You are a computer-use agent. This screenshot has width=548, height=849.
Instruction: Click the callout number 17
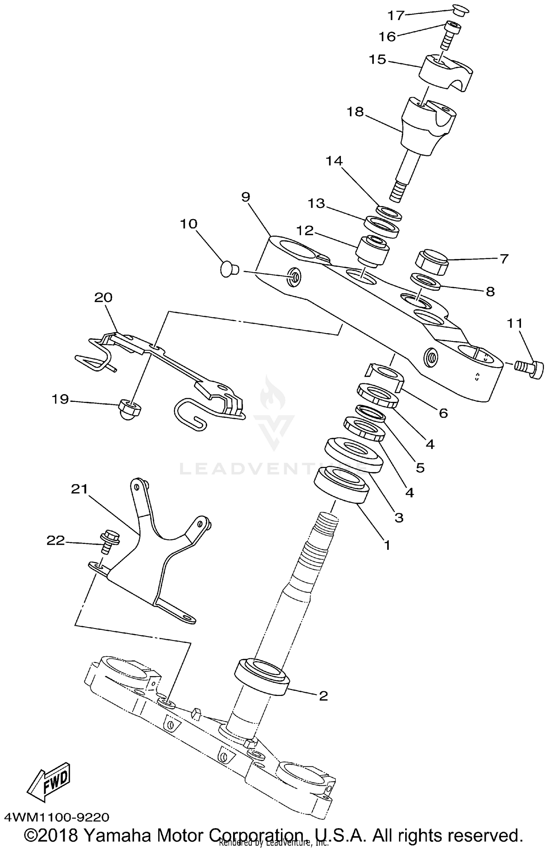tap(396, 16)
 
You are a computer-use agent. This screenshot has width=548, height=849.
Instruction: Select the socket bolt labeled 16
tap(450, 34)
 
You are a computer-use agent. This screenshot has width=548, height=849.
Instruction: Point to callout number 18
tap(355, 112)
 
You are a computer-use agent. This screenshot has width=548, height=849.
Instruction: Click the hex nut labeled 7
tap(432, 262)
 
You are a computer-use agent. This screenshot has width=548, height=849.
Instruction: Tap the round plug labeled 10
tap(229, 270)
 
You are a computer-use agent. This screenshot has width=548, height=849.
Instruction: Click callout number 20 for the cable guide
tap(103, 298)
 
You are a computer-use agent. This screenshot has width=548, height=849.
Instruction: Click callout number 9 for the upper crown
tap(246, 197)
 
